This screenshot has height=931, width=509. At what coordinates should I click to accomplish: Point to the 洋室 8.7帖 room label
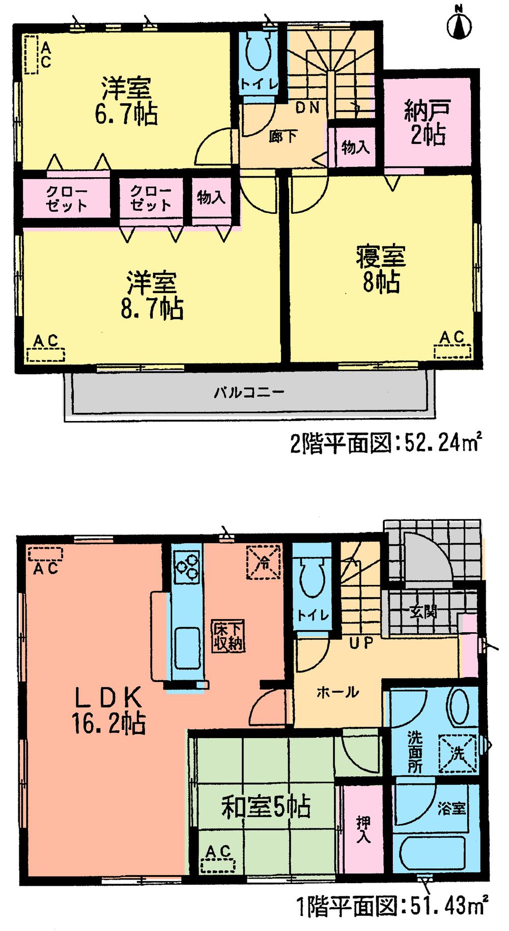tap(152, 295)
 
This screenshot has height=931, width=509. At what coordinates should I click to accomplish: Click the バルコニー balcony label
tap(248, 392)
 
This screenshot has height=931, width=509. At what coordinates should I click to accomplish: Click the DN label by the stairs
tap(307, 107)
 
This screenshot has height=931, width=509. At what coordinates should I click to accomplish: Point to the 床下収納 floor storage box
tap(228, 636)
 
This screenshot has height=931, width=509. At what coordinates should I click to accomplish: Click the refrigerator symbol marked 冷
tap(264, 562)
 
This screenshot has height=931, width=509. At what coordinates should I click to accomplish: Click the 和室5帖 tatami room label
tap(265, 807)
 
